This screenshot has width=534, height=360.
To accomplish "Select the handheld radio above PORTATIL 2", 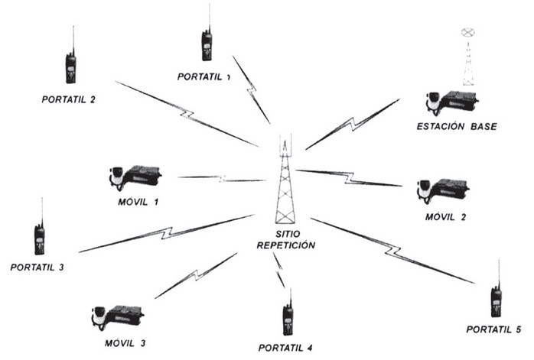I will [70, 64].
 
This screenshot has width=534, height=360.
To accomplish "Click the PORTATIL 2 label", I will [71, 99].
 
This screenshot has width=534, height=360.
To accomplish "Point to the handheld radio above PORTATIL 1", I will [207, 42].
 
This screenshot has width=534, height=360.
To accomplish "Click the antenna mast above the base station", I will [467, 57].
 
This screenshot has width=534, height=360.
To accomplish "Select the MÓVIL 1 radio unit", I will [135, 177].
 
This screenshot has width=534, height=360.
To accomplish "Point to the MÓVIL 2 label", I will [445, 217].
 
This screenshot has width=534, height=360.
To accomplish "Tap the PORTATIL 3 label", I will [37, 268].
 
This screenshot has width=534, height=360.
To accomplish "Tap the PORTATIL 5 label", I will [493, 329].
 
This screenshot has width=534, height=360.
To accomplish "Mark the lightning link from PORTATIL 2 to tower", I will [187, 114].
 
